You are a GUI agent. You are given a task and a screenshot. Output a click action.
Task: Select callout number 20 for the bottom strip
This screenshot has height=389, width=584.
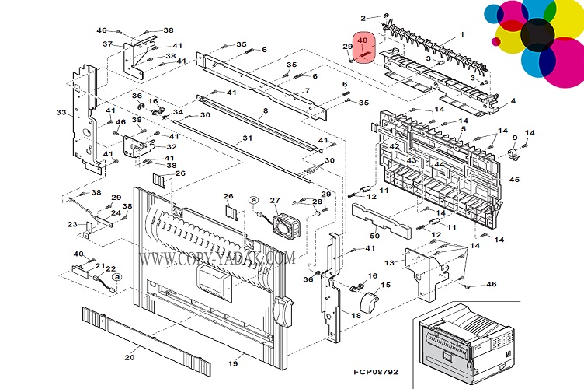pyautogui.click(x=129, y=358)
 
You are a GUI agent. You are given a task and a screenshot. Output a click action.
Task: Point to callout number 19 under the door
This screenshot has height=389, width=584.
pyautogui.click(x=232, y=363)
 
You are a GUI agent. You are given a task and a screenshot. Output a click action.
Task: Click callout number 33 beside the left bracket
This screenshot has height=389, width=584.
pyautogui.click(x=61, y=113)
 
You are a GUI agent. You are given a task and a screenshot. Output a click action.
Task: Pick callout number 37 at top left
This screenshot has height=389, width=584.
pyautogui.click(x=107, y=44)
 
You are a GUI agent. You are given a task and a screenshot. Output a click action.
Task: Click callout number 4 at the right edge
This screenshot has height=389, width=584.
pyautogui.click(x=513, y=101)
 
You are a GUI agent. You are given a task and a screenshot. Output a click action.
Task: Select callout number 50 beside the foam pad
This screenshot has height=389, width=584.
pyautogui.click(x=374, y=234)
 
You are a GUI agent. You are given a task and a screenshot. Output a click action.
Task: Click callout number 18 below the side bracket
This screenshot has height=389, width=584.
pyautogui.click(x=356, y=315)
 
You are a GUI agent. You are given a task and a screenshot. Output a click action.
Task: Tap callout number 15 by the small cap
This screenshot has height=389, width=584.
pyautogui.click(x=385, y=286)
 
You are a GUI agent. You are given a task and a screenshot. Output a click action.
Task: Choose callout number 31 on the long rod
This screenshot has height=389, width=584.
pyautogui.click(x=248, y=138)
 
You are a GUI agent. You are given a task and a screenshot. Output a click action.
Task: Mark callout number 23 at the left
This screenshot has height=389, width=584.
pyautogui.click(x=72, y=224)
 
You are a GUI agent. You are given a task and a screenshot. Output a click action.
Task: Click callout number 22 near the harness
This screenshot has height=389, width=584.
pyautogui.click(x=110, y=269)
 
